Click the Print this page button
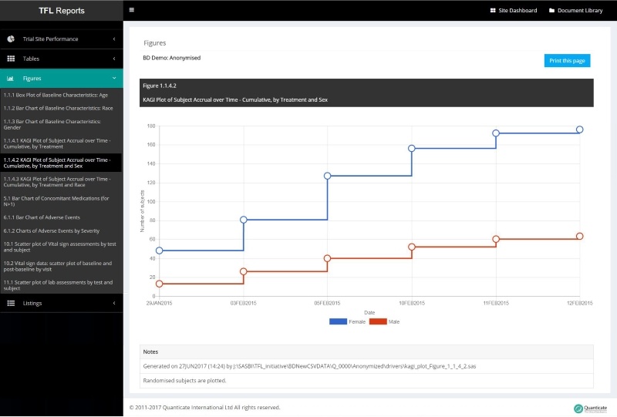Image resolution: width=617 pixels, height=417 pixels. tap(567, 61)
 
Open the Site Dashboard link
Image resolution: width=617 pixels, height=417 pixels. tap(514, 11)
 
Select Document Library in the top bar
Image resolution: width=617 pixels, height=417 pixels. tap(575, 11)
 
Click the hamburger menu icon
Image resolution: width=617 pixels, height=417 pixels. tap(132, 10)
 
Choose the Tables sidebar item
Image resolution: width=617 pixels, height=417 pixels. tap(31, 59)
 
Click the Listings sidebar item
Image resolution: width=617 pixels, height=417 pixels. tap(32, 303)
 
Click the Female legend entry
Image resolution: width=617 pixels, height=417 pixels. tap(347, 321)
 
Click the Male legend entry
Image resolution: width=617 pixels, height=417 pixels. tap(386, 321)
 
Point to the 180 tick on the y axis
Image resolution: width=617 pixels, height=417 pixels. tap(151, 126)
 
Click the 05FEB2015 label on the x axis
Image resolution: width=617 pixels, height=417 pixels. tap(327, 303)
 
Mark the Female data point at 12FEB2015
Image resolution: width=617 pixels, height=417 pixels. tap(580, 129)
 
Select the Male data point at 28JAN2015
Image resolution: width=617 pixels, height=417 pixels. tap(160, 284)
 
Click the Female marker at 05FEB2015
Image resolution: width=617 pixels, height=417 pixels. tap(328, 176)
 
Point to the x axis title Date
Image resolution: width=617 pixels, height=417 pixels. tap(369, 312)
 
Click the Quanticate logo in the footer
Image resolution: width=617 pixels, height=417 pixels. tap(591, 408)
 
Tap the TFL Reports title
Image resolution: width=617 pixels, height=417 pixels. tap(62, 11)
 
